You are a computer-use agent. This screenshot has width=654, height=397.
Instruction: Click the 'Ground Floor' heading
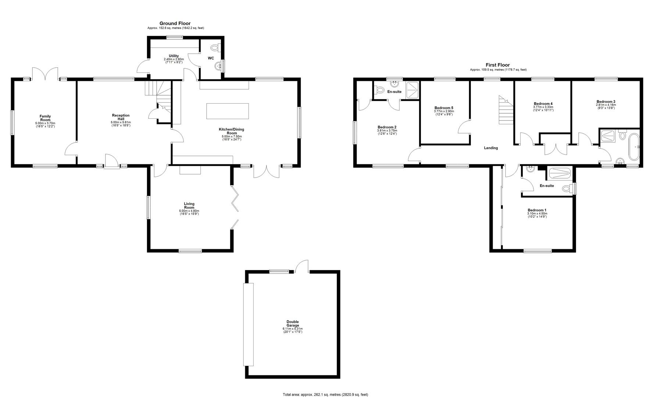coord(175,24)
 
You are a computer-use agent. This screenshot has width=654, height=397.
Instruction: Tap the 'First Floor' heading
coord(498,65)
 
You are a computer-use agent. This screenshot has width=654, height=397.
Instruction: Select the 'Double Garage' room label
coord(293,323)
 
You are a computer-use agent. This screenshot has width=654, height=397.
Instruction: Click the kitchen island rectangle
coord(228,111)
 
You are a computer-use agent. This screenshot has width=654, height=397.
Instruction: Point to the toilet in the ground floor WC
coord(215,48)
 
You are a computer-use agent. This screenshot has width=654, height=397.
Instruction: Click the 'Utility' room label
coord(174,56)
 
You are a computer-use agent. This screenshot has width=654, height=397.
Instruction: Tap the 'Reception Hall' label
coord(121,117)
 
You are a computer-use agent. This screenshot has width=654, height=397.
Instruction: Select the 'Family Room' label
coord(45,118)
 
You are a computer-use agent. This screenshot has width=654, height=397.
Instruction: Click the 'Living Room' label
coord(189,205)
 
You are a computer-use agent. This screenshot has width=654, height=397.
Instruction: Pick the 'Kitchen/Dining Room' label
coord(232,131)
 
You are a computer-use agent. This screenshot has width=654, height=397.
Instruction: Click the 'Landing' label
coord(491,148)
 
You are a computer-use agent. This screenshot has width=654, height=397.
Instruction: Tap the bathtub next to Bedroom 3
coord(634,147)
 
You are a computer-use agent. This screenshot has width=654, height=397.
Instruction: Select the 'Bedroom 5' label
coord(444,108)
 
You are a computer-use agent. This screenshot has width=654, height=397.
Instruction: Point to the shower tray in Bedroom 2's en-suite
coord(412,90)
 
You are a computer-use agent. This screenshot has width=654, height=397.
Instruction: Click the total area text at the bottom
coord(325,394)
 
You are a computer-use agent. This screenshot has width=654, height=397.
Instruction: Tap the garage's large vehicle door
coord(249,324)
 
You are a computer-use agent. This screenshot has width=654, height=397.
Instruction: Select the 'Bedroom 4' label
coord(543,104)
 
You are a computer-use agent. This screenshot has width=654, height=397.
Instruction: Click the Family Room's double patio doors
coord(45,74)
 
